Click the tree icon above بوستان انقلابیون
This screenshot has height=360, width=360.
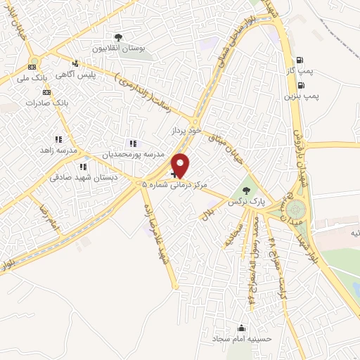(117, 37)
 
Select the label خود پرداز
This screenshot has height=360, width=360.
(186, 131)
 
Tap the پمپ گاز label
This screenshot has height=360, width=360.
(308, 72)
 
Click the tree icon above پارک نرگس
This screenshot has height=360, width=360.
(245, 190)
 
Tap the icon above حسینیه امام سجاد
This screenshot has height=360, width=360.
(242, 328)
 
